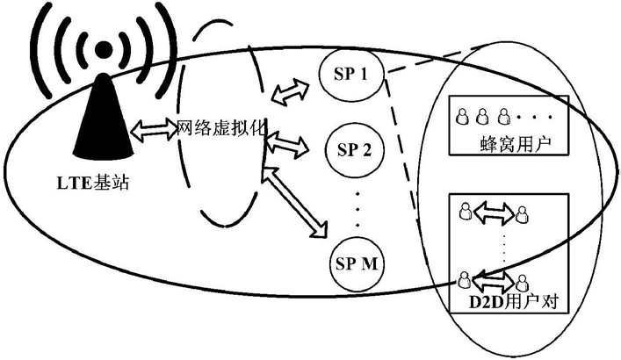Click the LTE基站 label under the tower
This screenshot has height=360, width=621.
click(x=93, y=184)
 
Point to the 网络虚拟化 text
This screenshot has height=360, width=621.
click(x=221, y=127)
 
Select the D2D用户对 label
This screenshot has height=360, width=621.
click(x=513, y=303)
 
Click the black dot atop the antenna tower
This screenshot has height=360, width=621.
click(x=104, y=49)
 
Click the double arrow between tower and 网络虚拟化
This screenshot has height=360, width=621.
click(x=154, y=130)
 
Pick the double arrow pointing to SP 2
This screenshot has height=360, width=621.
click(x=287, y=144)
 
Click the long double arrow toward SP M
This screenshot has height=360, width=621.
click(x=295, y=202)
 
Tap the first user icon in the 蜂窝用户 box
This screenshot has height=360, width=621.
click(x=461, y=117)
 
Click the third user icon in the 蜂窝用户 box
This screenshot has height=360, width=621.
click(x=503, y=117)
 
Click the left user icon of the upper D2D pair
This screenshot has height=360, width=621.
click(x=465, y=211)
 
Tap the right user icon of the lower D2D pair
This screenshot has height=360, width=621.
click(x=522, y=283)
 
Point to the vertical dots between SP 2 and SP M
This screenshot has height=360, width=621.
click(x=357, y=210)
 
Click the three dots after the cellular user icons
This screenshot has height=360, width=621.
click(x=535, y=117)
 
